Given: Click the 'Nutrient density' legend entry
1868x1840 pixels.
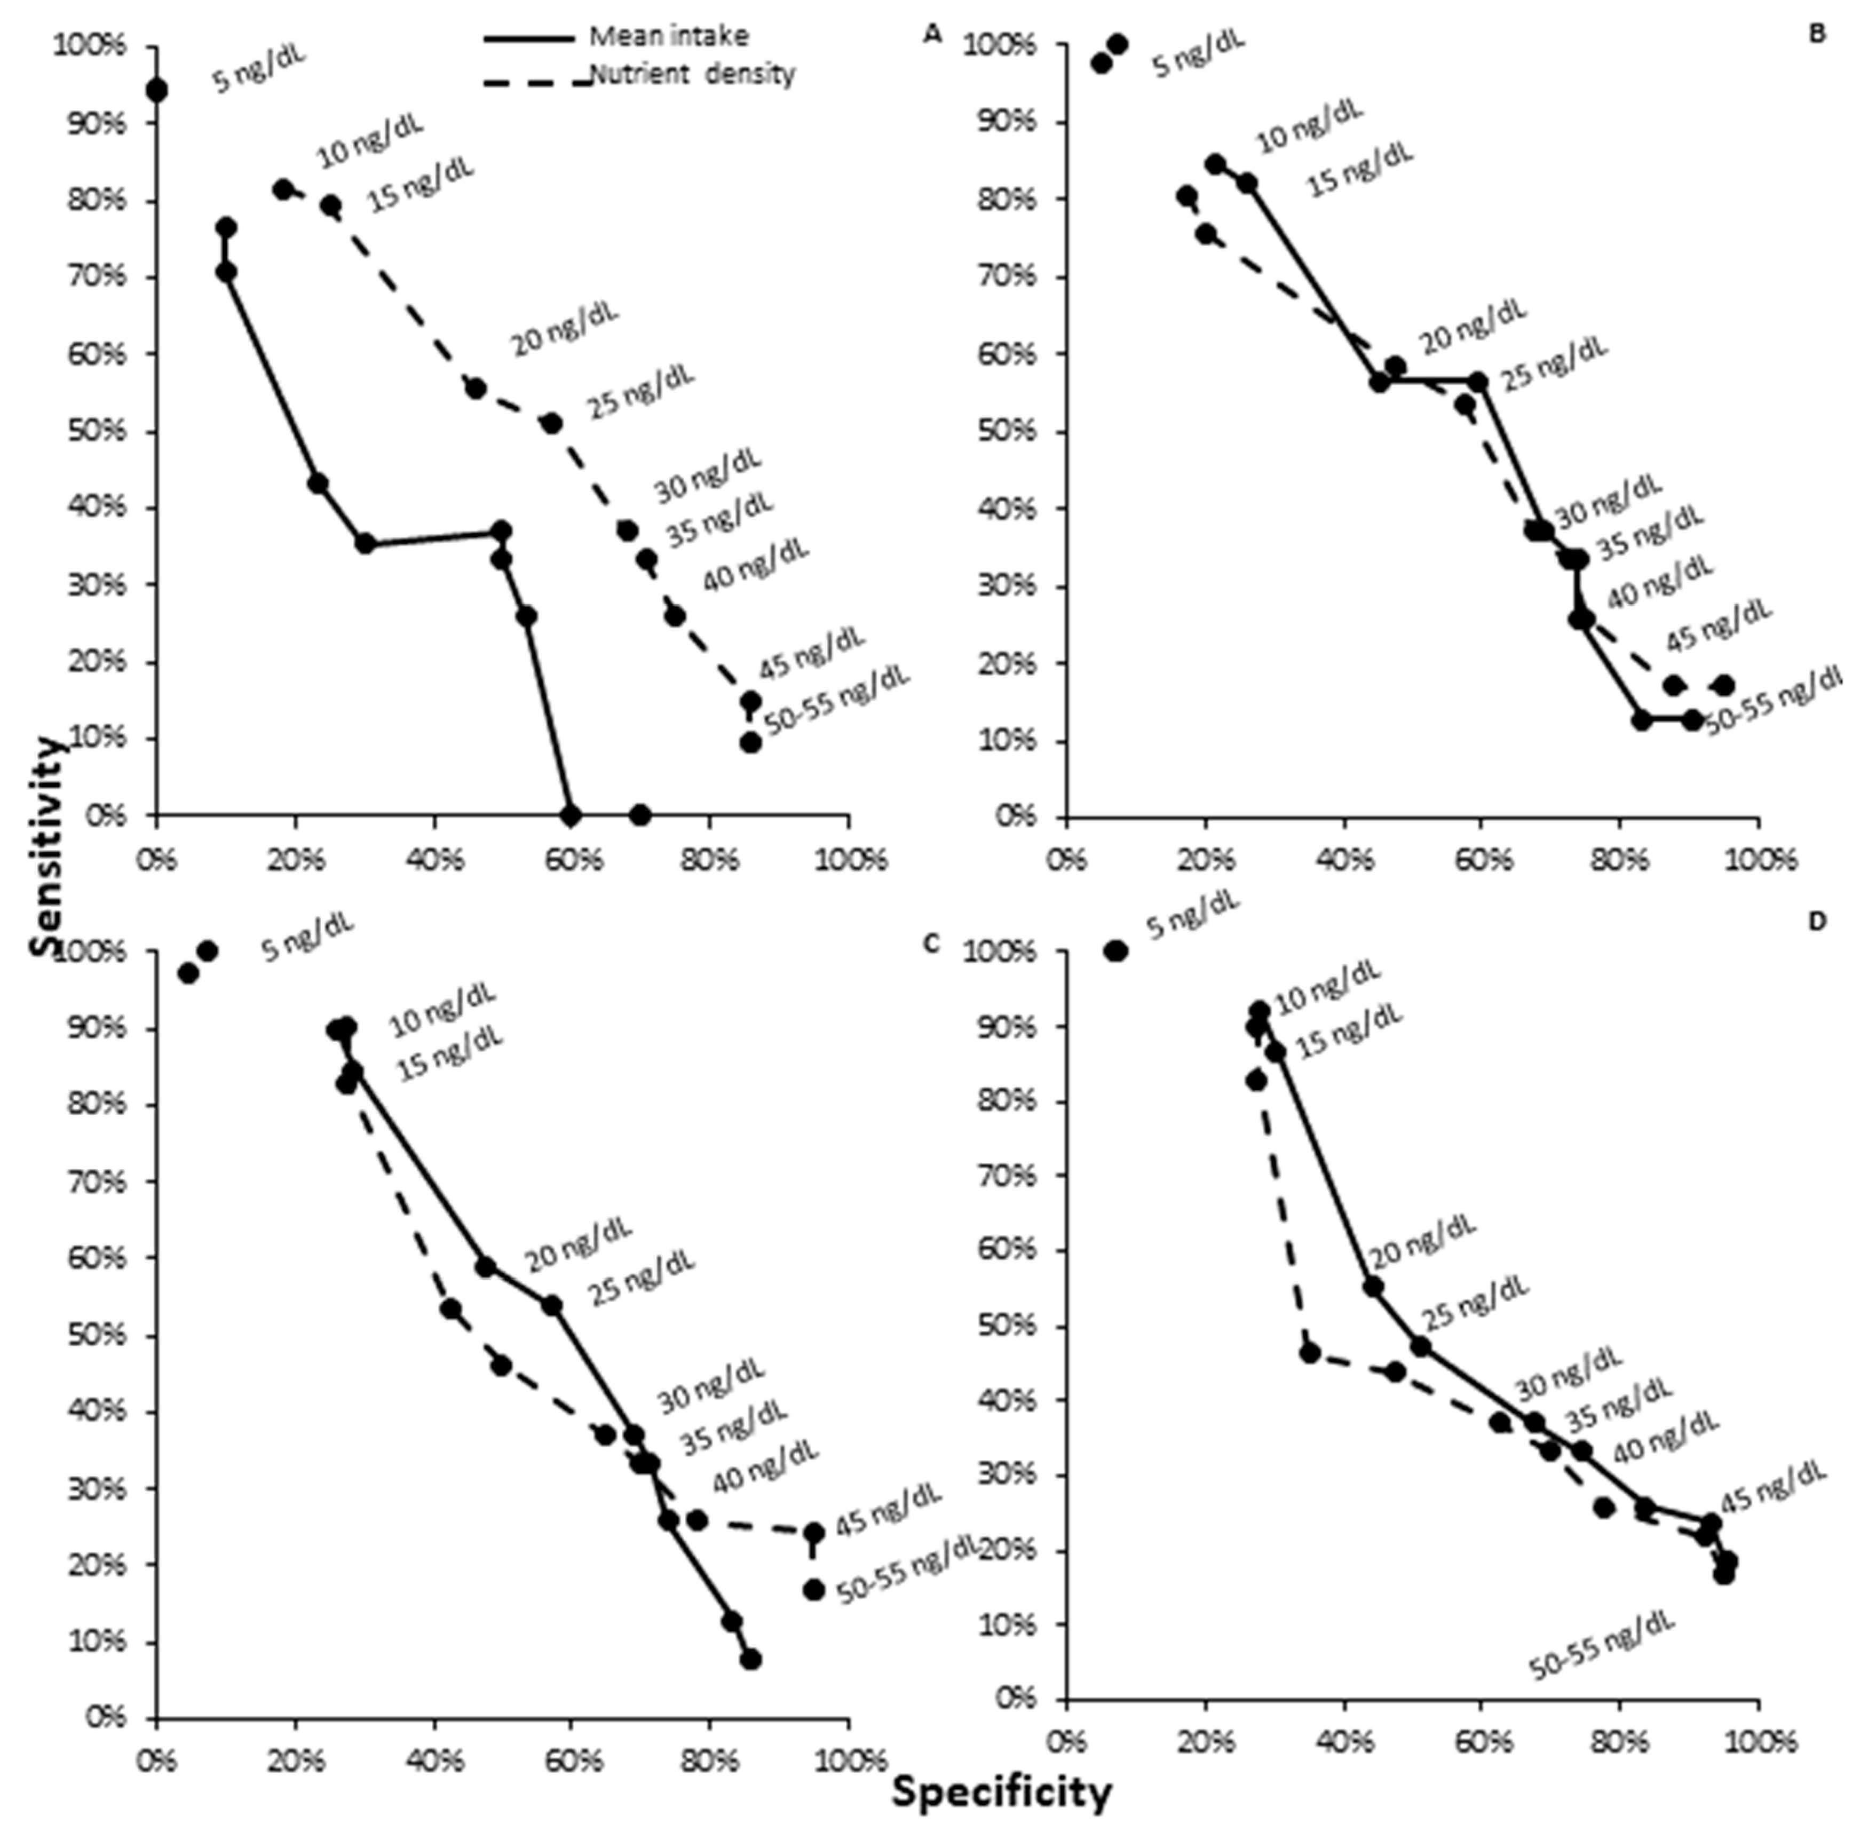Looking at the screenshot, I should [692, 74].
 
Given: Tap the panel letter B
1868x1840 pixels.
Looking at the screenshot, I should [1817, 35].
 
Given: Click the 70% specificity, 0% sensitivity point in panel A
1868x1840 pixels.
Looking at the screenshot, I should [640, 815].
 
